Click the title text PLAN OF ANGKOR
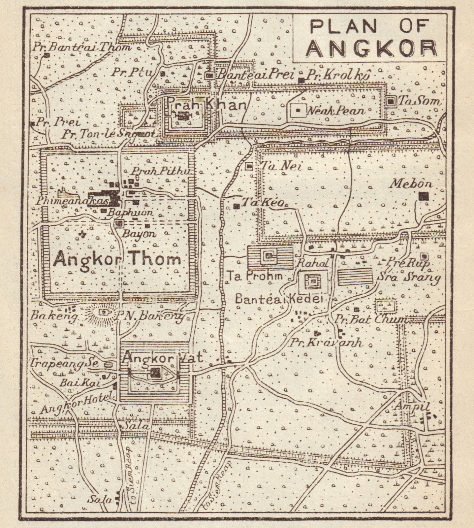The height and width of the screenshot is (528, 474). point(371,37)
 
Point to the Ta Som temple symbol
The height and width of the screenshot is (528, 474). point(392,102)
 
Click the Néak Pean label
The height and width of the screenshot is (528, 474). point(336,111)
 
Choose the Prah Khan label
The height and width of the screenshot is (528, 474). point(206,105)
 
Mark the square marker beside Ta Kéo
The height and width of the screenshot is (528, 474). point(236,206)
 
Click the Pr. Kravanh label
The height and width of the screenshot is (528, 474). point(326,343)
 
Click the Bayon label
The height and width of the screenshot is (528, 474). point(138,234)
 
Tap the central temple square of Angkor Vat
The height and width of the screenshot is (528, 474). point(155,373)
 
